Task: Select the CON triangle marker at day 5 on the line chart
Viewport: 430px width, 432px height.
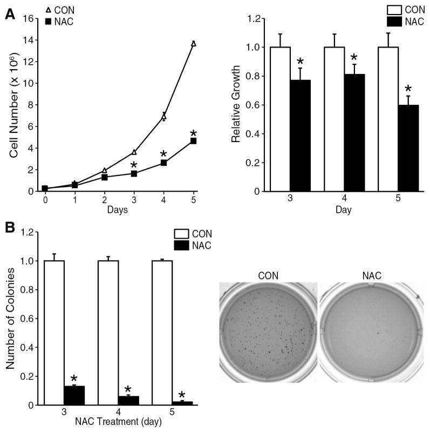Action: click(x=193, y=44)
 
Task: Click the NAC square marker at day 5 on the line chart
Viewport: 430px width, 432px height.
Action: click(x=193, y=141)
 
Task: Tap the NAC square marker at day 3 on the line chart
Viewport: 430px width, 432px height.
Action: click(x=134, y=173)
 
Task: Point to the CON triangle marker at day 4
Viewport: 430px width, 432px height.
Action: click(x=163, y=117)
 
